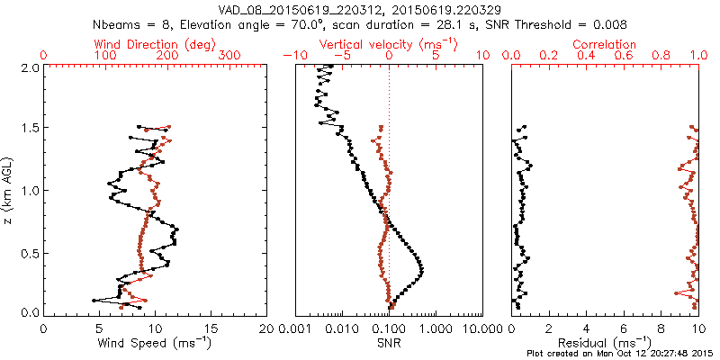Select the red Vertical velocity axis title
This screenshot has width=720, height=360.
pos(388,44)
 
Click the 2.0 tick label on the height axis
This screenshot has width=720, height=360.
pos(29,67)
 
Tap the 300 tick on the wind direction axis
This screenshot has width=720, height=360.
pos(230,56)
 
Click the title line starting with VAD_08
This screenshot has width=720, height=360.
pos(359,9)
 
